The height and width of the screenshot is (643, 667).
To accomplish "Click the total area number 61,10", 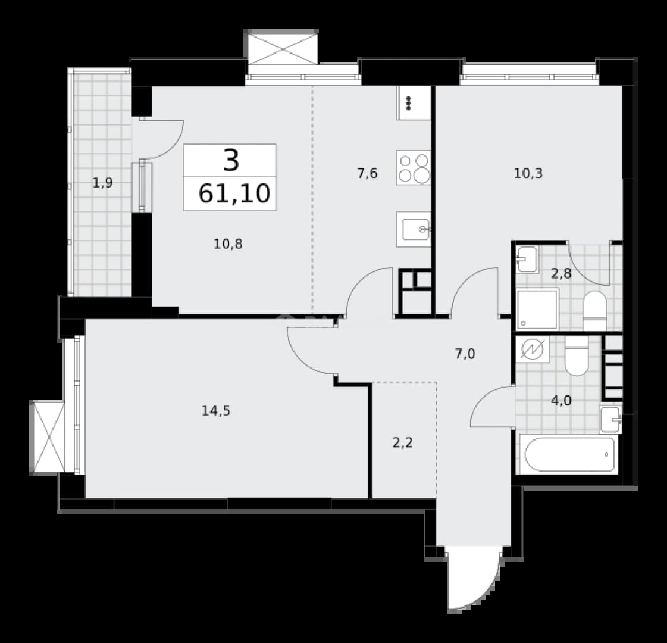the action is pos(234,193).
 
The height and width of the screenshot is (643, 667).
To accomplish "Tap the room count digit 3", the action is pos(231,161).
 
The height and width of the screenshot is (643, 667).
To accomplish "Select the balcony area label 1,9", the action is pos(102,183).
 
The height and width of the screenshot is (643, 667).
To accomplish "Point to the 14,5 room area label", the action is pos(216,411).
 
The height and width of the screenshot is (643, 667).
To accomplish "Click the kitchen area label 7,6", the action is pos(368,174).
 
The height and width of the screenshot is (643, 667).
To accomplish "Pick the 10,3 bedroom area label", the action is pos(528,174).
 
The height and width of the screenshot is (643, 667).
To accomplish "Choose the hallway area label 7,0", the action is pos(465,354).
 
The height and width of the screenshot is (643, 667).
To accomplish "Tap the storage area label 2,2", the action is pos(403,443).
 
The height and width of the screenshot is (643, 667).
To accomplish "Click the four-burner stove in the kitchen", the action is pos(414,168).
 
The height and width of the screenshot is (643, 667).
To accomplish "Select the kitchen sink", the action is pos(414,229).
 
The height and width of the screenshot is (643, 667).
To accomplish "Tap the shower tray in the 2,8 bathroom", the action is pos(537,309).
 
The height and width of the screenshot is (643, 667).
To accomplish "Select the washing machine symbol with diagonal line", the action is pos(533,349).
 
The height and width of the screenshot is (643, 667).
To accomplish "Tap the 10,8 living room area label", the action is pos(228,244).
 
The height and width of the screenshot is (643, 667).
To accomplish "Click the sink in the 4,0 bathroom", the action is pos(610,420).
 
